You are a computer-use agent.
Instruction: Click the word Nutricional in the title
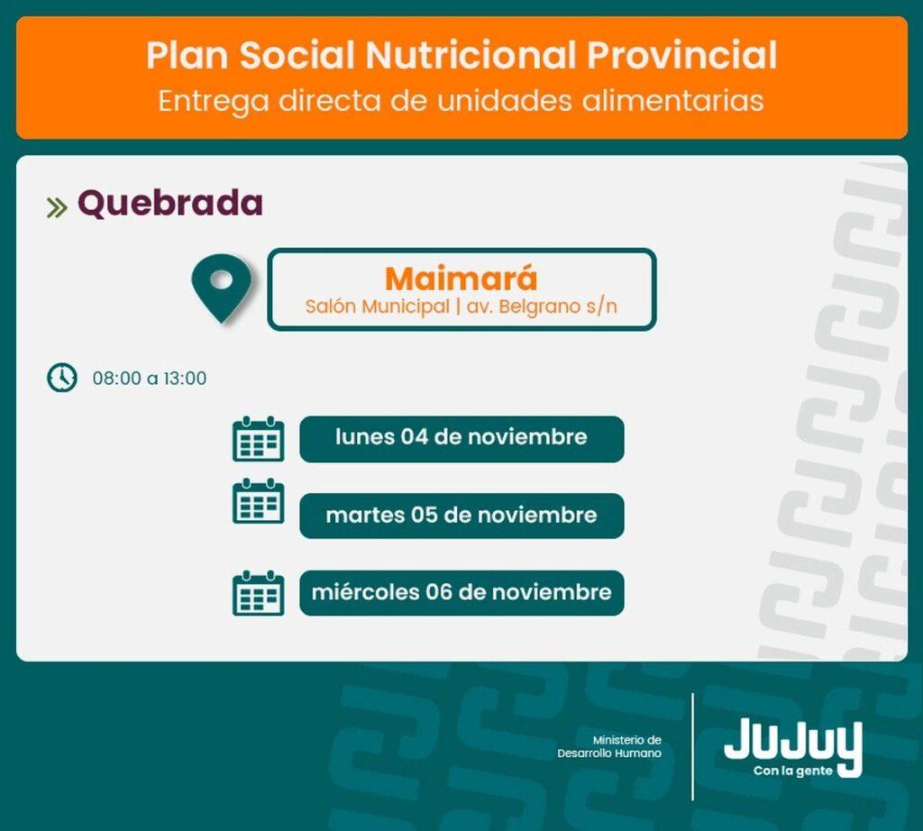(x=470, y=55)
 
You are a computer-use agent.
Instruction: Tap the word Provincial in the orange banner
(x=681, y=55)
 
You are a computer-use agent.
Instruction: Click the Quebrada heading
(x=170, y=204)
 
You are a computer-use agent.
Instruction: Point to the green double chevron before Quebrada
(x=57, y=207)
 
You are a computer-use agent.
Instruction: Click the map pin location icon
(x=222, y=288)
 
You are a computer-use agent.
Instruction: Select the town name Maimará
(x=461, y=279)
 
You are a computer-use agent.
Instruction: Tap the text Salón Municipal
(x=378, y=306)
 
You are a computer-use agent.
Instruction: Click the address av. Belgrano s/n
(x=542, y=306)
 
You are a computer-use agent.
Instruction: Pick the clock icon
(x=62, y=378)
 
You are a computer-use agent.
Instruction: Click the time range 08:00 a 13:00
(x=150, y=379)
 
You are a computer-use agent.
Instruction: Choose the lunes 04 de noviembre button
(x=461, y=439)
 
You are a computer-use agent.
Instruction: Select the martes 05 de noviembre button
(x=461, y=516)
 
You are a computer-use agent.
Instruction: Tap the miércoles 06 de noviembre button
(x=461, y=593)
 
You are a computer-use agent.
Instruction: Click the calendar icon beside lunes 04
(x=259, y=439)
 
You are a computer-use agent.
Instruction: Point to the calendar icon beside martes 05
(x=259, y=501)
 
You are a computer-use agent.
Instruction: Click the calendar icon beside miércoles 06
(x=259, y=593)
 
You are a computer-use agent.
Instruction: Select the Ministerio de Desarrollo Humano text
(x=609, y=747)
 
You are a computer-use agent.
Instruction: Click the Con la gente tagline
(x=793, y=771)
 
